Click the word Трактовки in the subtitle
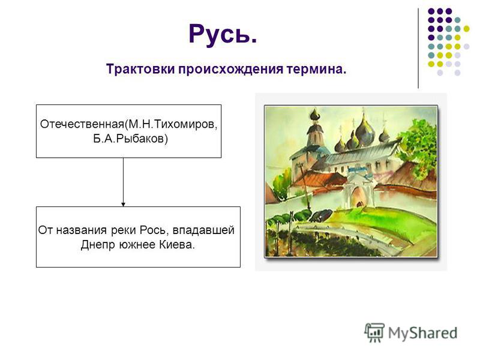[x=140, y=69]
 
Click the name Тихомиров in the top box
[x=184, y=125]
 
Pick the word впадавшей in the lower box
[x=203, y=230]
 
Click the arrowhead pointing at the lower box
[x=124, y=205]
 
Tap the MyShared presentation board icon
[x=374, y=332]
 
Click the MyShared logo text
[x=423, y=333]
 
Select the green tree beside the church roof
[x=418, y=145]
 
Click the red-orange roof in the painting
[x=319, y=179]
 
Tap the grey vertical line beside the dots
[x=418, y=48]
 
